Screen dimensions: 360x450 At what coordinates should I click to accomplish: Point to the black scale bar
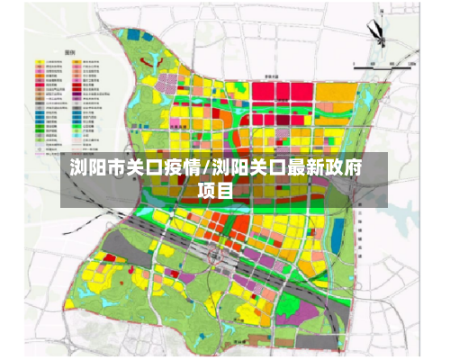click(x=378, y=65)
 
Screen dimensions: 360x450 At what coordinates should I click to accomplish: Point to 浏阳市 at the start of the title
click(x=97, y=167)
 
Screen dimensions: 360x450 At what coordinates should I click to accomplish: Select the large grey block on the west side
click(x=125, y=247)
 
